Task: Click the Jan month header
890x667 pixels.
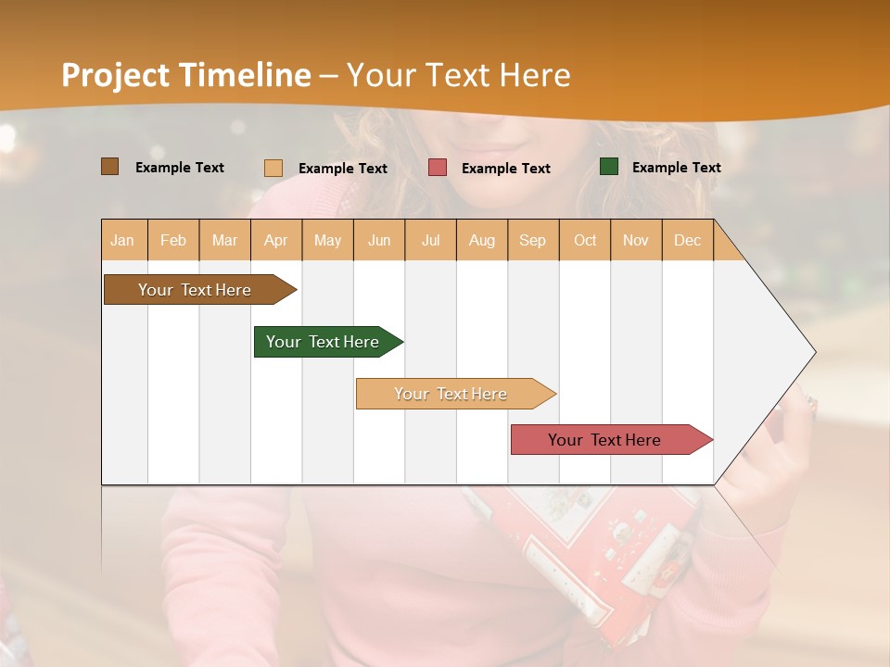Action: point(122,241)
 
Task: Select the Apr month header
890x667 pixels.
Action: point(276,241)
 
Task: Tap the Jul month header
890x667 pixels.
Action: point(430,241)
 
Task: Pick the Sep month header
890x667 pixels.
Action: point(532,241)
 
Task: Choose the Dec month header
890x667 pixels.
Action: point(687,241)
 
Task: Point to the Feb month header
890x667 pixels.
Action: point(173,241)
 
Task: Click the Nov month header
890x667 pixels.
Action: point(635,241)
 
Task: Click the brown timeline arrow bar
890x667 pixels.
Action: point(195,290)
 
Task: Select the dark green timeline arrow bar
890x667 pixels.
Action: point(323,342)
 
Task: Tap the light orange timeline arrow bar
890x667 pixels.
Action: point(451,394)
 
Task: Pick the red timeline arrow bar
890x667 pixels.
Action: point(604,440)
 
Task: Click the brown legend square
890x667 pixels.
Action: point(110,167)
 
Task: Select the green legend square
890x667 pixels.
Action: point(609,167)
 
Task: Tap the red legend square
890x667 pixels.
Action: point(438,168)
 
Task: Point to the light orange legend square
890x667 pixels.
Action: point(273,168)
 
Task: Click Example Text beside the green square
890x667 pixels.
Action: point(676,168)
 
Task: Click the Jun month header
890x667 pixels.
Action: point(379,241)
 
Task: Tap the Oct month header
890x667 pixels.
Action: point(585,241)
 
